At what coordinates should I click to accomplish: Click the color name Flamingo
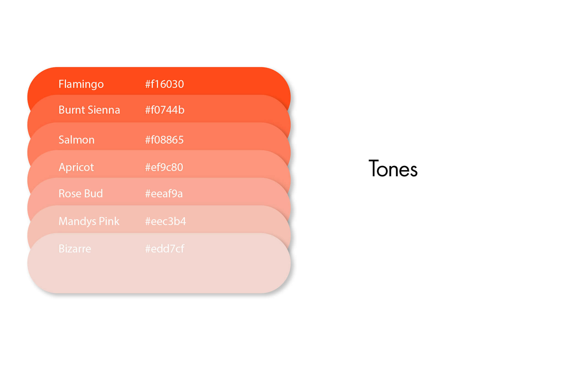(81, 84)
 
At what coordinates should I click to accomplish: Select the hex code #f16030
(164, 84)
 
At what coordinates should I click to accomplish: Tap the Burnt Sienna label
(89, 110)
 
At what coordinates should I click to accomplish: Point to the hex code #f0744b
(165, 110)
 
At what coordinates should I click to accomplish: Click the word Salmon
(77, 140)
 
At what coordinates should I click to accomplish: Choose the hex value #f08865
(164, 140)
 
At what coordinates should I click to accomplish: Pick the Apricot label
(76, 167)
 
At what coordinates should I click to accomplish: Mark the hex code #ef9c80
(164, 167)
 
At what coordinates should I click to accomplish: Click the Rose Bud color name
(80, 193)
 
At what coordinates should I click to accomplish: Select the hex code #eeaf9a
(164, 193)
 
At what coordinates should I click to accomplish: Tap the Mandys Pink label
(89, 221)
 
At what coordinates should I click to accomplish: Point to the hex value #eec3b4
(165, 221)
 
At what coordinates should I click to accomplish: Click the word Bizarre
(75, 249)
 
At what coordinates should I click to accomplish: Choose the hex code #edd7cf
(164, 249)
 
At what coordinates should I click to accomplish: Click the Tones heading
(393, 169)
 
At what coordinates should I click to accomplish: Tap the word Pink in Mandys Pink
(109, 221)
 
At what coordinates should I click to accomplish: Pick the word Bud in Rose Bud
(93, 193)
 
